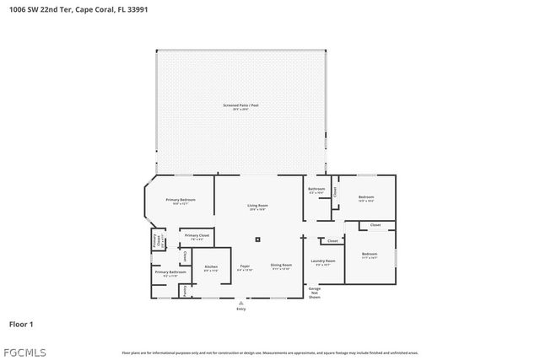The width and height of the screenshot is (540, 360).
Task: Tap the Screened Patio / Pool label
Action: pyautogui.click(x=241, y=105)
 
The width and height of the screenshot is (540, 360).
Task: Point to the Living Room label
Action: pyautogui.click(x=257, y=206)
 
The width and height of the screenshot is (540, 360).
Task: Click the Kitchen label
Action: pyautogui.click(x=210, y=267)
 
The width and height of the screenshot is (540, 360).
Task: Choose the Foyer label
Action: pyautogui.click(x=245, y=266)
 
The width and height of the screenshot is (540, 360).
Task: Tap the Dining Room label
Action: pyautogui.click(x=281, y=266)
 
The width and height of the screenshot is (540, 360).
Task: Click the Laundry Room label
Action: pyautogui.click(x=323, y=261)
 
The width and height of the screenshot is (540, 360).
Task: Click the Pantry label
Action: pyautogui.click(x=185, y=291)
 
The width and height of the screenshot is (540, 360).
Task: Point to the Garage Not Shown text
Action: pyautogui.click(x=315, y=293)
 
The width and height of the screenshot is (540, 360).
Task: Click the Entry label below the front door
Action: pyautogui.click(x=241, y=309)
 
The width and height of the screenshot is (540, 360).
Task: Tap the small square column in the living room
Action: pyautogui.click(x=258, y=239)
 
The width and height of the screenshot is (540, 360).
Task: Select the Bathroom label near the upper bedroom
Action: pyautogui.click(x=316, y=189)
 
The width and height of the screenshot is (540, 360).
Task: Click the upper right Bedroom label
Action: pyautogui.click(x=365, y=197)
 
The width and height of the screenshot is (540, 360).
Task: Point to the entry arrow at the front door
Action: pyautogui.click(x=241, y=302)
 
